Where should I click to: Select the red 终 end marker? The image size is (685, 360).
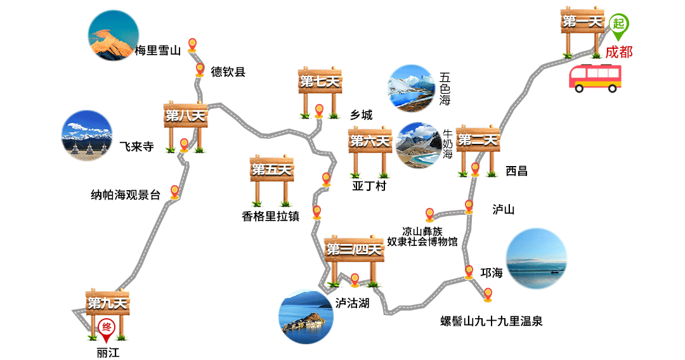107,329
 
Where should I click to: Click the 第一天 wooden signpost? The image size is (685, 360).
582,23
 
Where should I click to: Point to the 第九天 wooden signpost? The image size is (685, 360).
107,304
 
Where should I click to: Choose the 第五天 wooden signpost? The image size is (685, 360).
271,170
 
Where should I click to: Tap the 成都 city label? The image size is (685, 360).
618,52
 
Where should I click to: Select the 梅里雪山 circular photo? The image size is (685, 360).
112,37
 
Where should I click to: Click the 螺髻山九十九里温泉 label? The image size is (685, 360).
492,321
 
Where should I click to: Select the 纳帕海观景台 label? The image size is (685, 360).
126,195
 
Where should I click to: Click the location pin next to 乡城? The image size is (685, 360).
320,112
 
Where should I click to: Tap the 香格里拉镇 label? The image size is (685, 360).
270,216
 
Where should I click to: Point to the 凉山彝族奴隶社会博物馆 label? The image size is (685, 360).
422,236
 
